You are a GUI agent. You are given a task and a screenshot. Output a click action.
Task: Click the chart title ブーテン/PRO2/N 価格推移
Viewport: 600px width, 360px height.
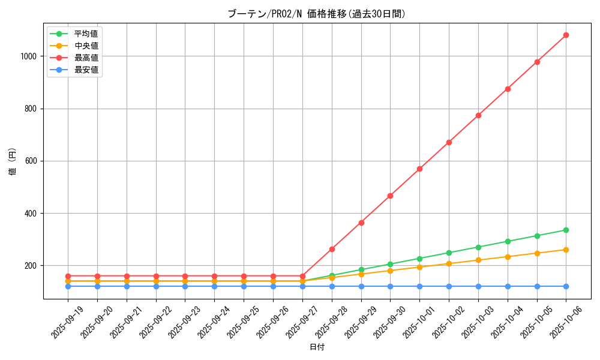click(x=316, y=14)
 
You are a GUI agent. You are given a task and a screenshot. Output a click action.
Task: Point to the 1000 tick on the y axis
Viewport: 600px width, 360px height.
click(x=29, y=56)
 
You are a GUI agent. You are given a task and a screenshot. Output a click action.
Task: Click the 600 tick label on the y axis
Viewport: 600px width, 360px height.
click(x=31, y=161)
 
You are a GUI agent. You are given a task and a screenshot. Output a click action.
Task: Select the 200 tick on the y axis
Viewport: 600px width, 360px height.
click(x=31, y=266)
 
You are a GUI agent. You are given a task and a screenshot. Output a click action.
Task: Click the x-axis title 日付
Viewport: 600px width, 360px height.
click(x=317, y=347)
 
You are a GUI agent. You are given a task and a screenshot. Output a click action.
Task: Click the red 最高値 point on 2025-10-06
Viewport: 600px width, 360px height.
click(x=566, y=35)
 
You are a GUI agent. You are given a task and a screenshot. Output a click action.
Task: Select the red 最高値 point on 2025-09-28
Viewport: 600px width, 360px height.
click(x=332, y=249)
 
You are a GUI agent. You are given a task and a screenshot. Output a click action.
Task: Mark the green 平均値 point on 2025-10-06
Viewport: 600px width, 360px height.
click(x=566, y=230)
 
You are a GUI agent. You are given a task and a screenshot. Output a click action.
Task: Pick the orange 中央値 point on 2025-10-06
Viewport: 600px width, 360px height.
click(x=566, y=250)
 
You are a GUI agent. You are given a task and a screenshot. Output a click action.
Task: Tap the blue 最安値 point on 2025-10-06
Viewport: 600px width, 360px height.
click(x=566, y=286)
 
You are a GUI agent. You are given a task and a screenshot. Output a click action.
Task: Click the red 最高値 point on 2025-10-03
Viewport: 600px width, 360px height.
click(x=478, y=115)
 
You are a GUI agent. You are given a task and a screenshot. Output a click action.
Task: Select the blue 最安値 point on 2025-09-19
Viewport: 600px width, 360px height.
click(x=68, y=286)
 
